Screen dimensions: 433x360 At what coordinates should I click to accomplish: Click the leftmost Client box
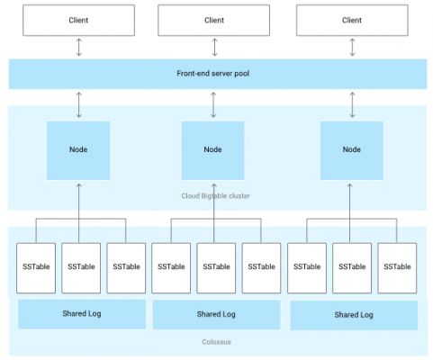point(78,20)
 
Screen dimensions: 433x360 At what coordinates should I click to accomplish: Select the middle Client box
point(214,20)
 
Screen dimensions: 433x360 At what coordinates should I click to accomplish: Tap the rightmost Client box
point(352,20)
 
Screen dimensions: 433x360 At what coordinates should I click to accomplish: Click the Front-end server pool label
point(213,74)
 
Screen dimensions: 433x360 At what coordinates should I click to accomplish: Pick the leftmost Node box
point(78,150)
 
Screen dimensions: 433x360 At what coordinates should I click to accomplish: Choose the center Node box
point(212,150)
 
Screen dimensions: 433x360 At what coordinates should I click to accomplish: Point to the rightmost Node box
point(352,150)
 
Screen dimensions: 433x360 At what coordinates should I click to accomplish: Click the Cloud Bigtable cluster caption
point(215,196)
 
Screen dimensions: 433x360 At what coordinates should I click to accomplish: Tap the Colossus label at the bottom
point(216,342)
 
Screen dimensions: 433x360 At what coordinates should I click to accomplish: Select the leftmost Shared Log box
point(82,314)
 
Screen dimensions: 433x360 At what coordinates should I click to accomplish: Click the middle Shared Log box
point(216,315)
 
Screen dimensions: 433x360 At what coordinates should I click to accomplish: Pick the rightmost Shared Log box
point(354,315)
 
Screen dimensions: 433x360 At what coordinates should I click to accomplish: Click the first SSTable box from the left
point(36,268)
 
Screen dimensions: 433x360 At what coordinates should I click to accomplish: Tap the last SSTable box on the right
point(397,268)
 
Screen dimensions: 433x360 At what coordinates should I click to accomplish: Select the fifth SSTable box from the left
point(216,268)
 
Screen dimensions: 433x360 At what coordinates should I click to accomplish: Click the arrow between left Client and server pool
point(79,47)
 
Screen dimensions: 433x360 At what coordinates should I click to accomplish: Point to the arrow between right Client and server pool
point(353,47)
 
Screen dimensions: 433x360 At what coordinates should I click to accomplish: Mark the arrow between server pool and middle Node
point(213,104)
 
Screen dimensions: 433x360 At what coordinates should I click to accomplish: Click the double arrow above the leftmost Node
point(79,104)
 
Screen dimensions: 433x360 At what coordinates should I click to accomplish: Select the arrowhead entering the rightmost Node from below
point(349,185)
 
